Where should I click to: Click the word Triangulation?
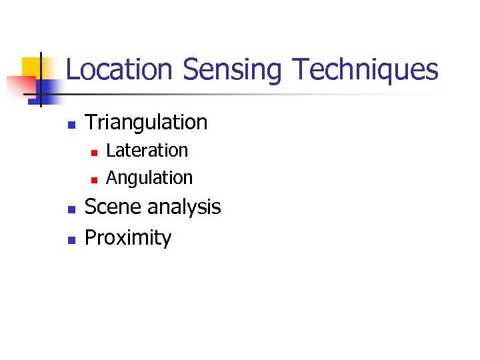click(x=147, y=123)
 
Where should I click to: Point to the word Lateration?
click(x=147, y=151)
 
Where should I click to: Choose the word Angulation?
click(x=149, y=178)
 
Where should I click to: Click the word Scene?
click(x=114, y=207)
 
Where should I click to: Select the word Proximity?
click(x=128, y=238)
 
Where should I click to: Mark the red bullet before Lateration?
click(x=94, y=153)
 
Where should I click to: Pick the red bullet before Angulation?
click(x=94, y=180)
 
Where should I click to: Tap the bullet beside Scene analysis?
click(x=71, y=209)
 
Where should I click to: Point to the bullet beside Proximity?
click(x=71, y=239)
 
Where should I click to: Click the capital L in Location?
click(x=73, y=70)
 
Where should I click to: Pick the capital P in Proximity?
click(x=91, y=237)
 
